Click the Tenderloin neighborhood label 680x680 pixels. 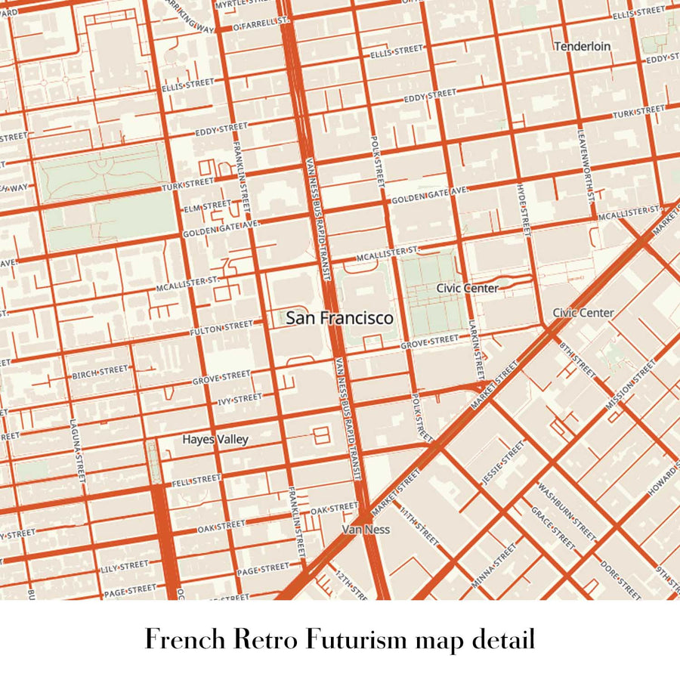tap(582, 46)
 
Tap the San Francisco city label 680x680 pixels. tap(339, 318)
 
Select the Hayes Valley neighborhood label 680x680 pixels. tap(215, 439)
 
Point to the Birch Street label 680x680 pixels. tap(100, 372)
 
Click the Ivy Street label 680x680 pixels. tap(240, 398)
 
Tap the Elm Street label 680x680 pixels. tap(207, 205)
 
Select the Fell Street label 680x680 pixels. tap(196, 480)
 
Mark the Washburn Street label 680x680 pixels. tap(567, 510)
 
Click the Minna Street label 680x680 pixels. tap(493, 564)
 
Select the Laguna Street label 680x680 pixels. tap(79, 452)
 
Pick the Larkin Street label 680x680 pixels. tap(477, 348)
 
